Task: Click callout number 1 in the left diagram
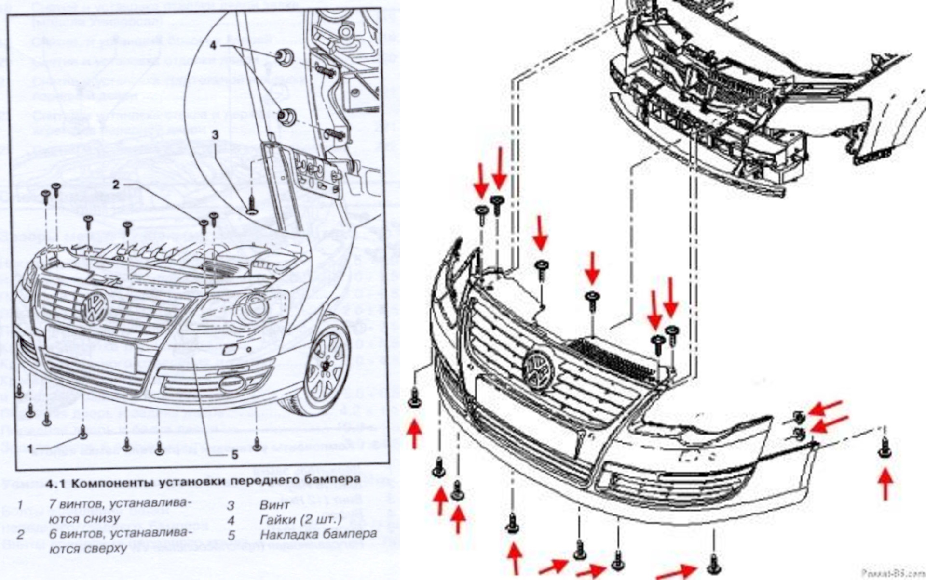point(30,449)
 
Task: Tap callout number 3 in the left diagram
point(216,135)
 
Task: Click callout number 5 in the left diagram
point(235,455)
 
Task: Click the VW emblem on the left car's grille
point(96,307)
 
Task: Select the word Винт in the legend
point(274,505)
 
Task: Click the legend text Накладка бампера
point(318,534)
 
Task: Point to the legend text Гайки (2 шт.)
point(300,520)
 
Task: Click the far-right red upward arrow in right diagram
point(885,484)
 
